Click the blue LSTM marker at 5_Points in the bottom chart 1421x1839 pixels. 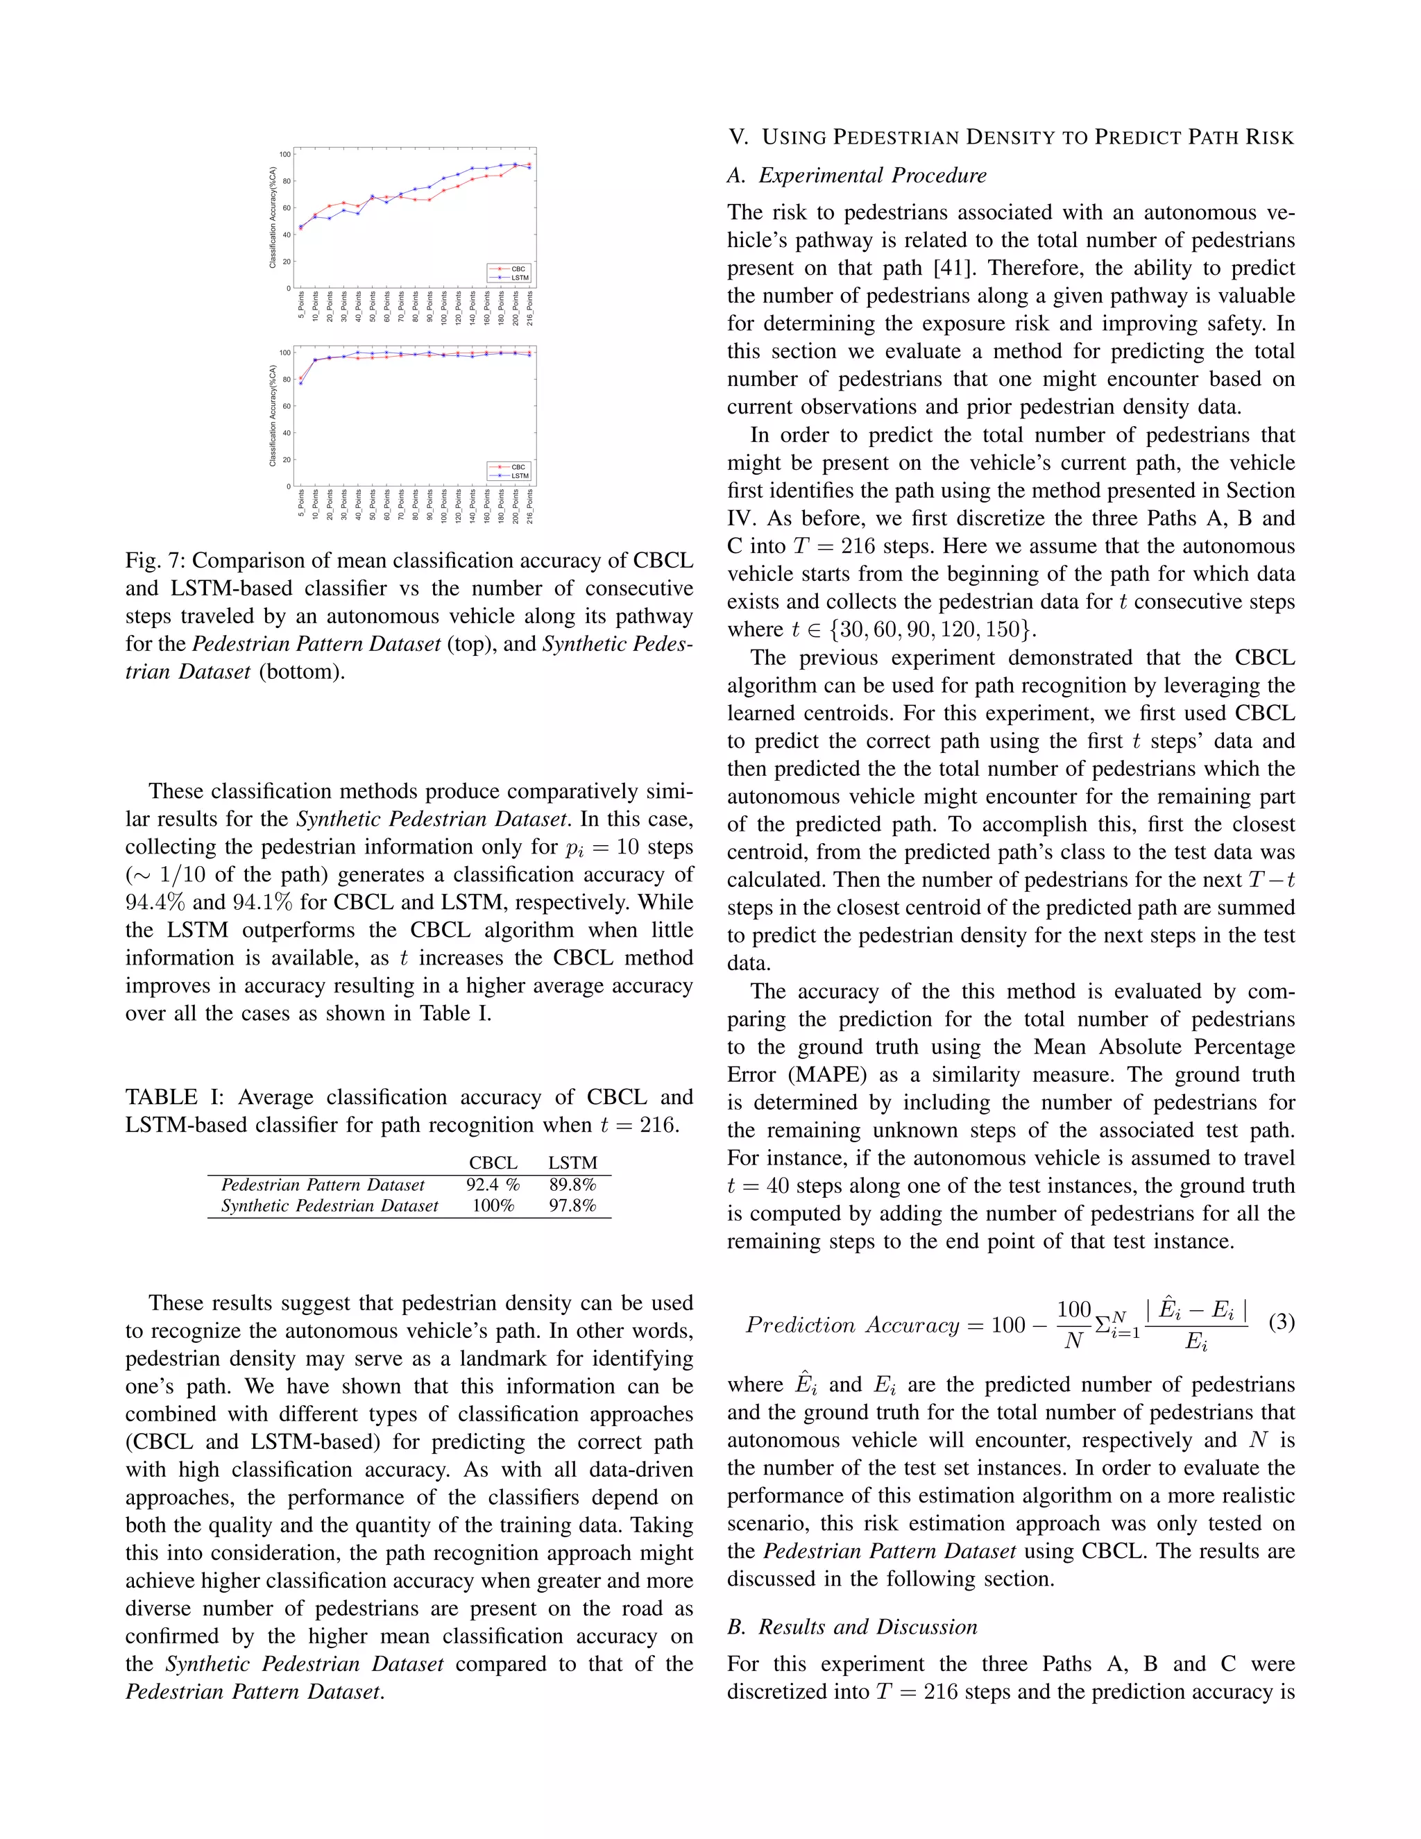coord(300,383)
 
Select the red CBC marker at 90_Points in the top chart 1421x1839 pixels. coord(429,200)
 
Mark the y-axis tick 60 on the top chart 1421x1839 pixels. coord(287,208)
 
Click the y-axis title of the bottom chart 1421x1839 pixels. coord(273,416)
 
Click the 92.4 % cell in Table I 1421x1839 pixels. coord(493,1185)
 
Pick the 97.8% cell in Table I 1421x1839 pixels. coord(572,1206)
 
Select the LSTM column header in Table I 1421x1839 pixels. coord(572,1163)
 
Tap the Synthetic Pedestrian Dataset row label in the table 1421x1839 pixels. coord(329,1206)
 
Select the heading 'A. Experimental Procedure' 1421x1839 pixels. coord(857,175)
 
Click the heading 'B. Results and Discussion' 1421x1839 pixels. coord(852,1627)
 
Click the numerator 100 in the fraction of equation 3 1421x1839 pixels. coord(1074,1310)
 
